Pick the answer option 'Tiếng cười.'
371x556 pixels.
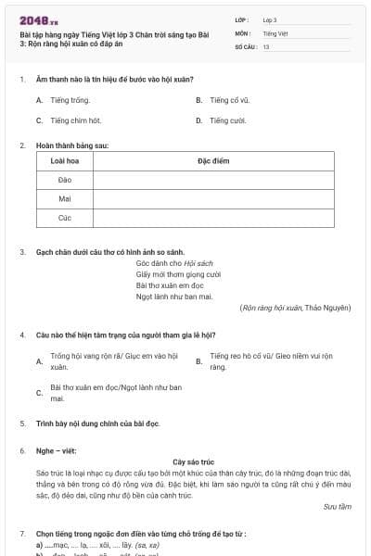pyautogui.click(x=227, y=120)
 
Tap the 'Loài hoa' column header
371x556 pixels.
pyautogui.click(x=65, y=161)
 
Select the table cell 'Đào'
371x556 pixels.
pyautogui.click(x=65, y=180)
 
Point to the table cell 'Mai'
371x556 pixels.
pyautogui.click(x=65, y=198)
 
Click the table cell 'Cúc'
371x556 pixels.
pyautogui.click(x=65, y=218)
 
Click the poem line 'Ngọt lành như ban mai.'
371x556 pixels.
pyautogui.click(x=174, y=297)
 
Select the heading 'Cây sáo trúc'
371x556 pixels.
pyautogui.click(x=193, y=461)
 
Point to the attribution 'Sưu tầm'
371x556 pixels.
pyautogui.click(x=338, y=506)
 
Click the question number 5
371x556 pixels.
pyautogui.click(x=22, y=423)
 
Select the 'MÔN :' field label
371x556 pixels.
pyautogui.click(x=242, y=32)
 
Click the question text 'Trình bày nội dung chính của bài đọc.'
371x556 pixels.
pyautogui.click(x=97, y=423)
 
